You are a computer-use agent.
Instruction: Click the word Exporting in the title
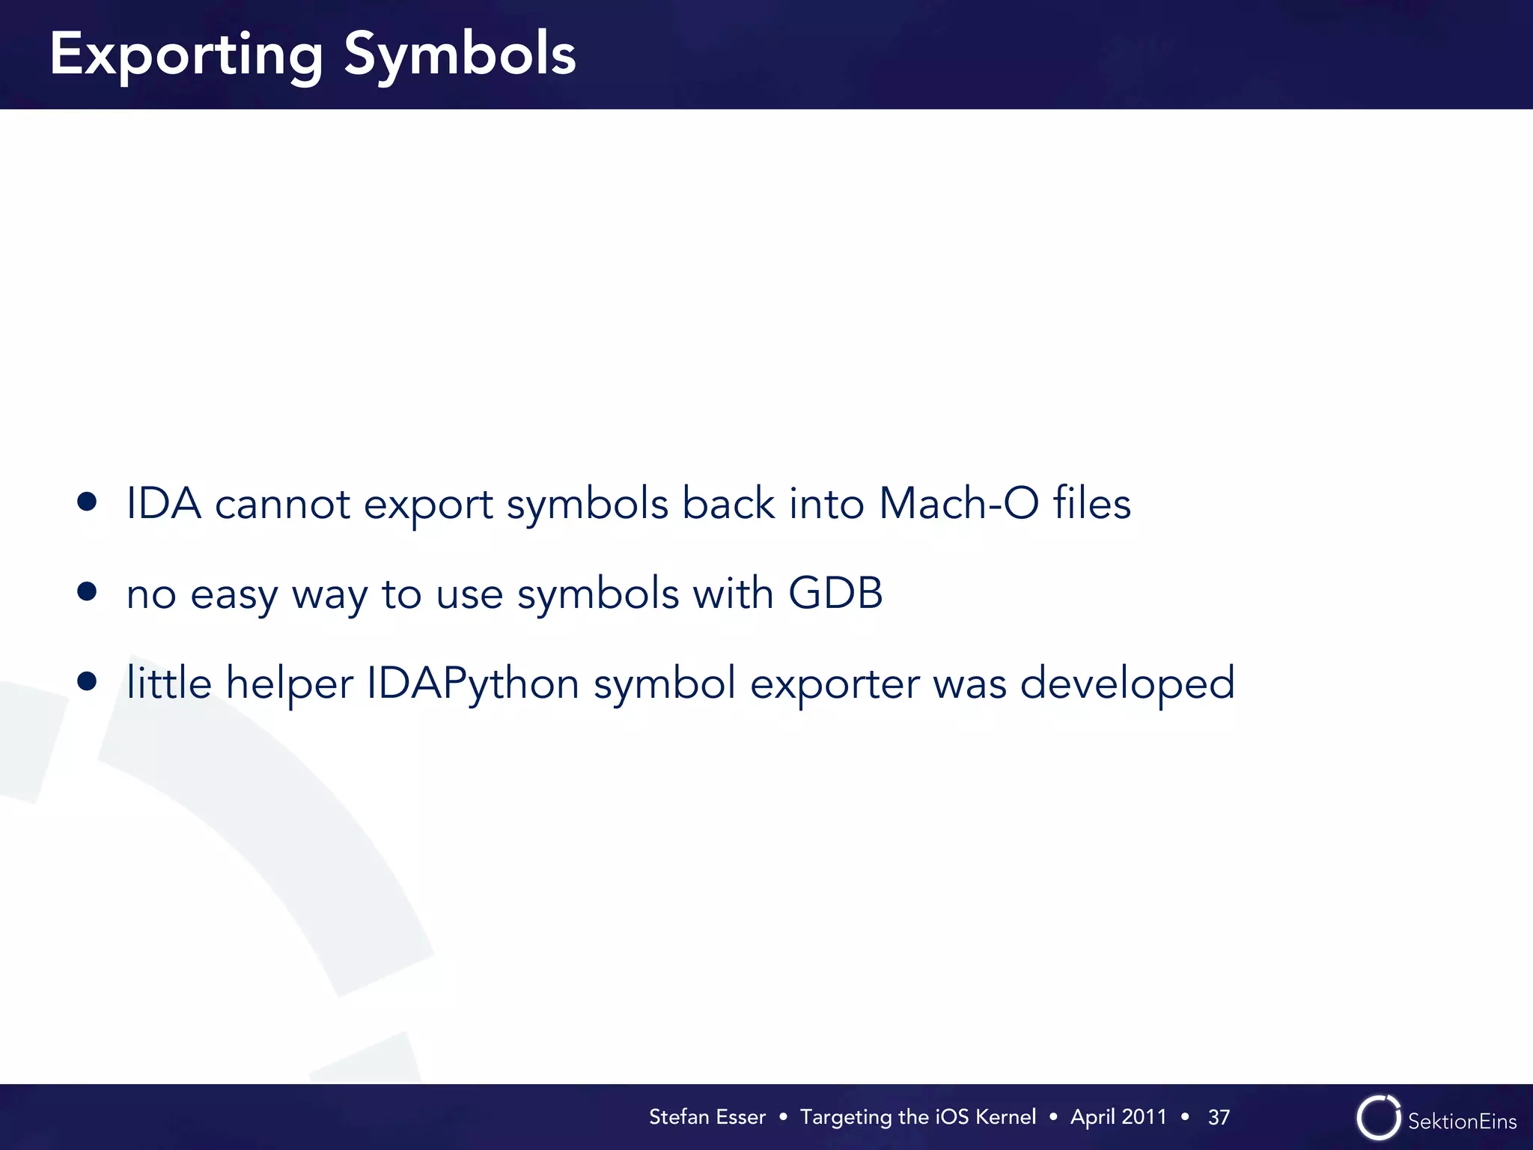[186, 55]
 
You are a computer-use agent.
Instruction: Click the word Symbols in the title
[460, 54]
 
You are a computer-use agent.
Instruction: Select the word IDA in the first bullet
[163, 503]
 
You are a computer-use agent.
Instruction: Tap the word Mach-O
[959, 503]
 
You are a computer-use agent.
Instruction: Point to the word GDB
[835, 593]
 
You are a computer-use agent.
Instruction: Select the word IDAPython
[472, 684]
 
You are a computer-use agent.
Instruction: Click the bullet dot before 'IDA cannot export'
[87, 502]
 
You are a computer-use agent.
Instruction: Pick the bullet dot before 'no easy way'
[87, 592]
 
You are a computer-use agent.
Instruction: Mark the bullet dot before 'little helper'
[87, 681]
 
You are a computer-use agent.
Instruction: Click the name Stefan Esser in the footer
[707, 1117]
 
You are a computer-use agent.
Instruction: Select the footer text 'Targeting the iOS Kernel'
[918, 1117]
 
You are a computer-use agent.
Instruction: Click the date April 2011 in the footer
[1118, 1117]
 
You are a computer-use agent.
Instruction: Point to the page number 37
[1219, 1118]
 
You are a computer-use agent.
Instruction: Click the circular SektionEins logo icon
[1378, 1118]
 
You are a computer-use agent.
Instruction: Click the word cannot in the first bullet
[282, 505]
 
